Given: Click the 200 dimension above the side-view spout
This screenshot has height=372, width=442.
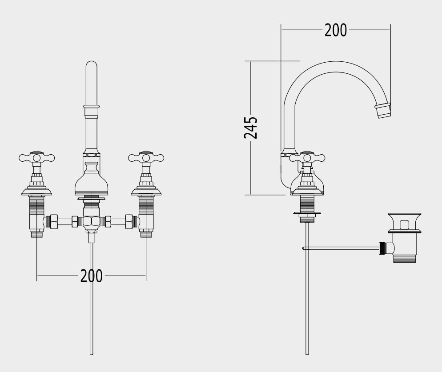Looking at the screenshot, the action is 335,30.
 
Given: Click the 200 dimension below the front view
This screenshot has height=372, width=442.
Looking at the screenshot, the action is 91,276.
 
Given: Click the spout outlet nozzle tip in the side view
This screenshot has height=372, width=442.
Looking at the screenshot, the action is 383,111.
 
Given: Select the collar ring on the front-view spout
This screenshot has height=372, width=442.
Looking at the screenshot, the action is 91,107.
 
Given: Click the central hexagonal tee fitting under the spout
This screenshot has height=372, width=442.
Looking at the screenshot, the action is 91,220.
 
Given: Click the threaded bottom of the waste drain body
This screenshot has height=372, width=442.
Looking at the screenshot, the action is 404,258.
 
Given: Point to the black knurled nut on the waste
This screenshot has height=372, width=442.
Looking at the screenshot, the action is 382,248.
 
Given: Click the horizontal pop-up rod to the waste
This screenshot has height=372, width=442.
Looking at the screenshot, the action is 341,248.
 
